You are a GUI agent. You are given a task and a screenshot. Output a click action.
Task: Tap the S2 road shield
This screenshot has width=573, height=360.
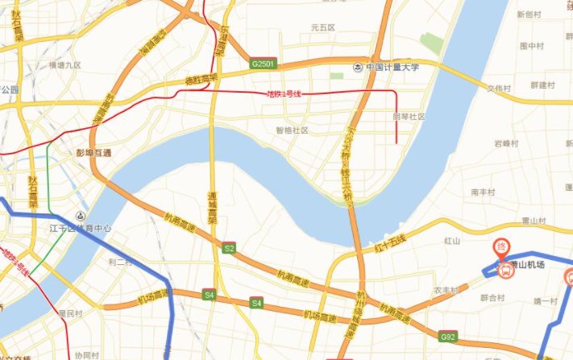coord(229,249)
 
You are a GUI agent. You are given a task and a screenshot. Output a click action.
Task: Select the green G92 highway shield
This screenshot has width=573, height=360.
coord(449,335)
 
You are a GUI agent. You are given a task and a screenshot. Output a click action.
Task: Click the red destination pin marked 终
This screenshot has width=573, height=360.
coord(500,247)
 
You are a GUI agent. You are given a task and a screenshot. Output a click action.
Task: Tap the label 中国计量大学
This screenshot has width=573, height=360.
coord(393,68)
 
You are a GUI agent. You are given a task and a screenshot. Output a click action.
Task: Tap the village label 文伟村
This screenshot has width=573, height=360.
coord(499,88)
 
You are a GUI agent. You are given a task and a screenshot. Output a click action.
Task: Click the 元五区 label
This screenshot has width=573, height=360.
coord(322,27)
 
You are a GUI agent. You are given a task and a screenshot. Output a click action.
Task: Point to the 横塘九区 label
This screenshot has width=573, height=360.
coord(65,64)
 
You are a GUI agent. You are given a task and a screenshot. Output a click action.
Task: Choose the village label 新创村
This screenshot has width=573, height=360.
coord(529,14)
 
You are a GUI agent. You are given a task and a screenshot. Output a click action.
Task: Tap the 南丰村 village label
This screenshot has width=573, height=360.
coord(482,192)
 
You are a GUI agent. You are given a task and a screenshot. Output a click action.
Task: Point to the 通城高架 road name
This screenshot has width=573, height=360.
coord(213,208)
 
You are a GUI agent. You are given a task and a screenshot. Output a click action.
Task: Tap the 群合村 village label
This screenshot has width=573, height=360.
coord(491,297)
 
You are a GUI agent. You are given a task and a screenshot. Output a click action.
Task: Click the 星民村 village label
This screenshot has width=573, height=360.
coord(70,312)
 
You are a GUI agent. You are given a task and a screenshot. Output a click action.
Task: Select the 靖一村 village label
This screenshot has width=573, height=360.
coord(545,300)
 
